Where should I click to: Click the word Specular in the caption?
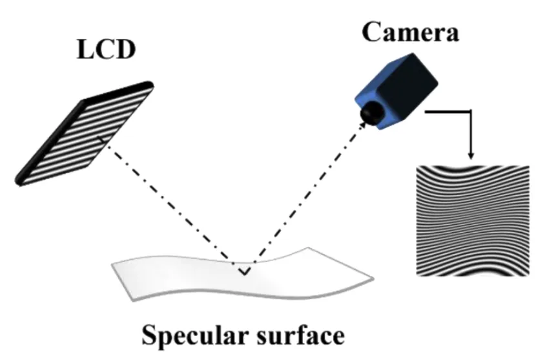196,335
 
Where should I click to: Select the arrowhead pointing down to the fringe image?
471,155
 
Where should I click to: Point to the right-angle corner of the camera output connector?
471,111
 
